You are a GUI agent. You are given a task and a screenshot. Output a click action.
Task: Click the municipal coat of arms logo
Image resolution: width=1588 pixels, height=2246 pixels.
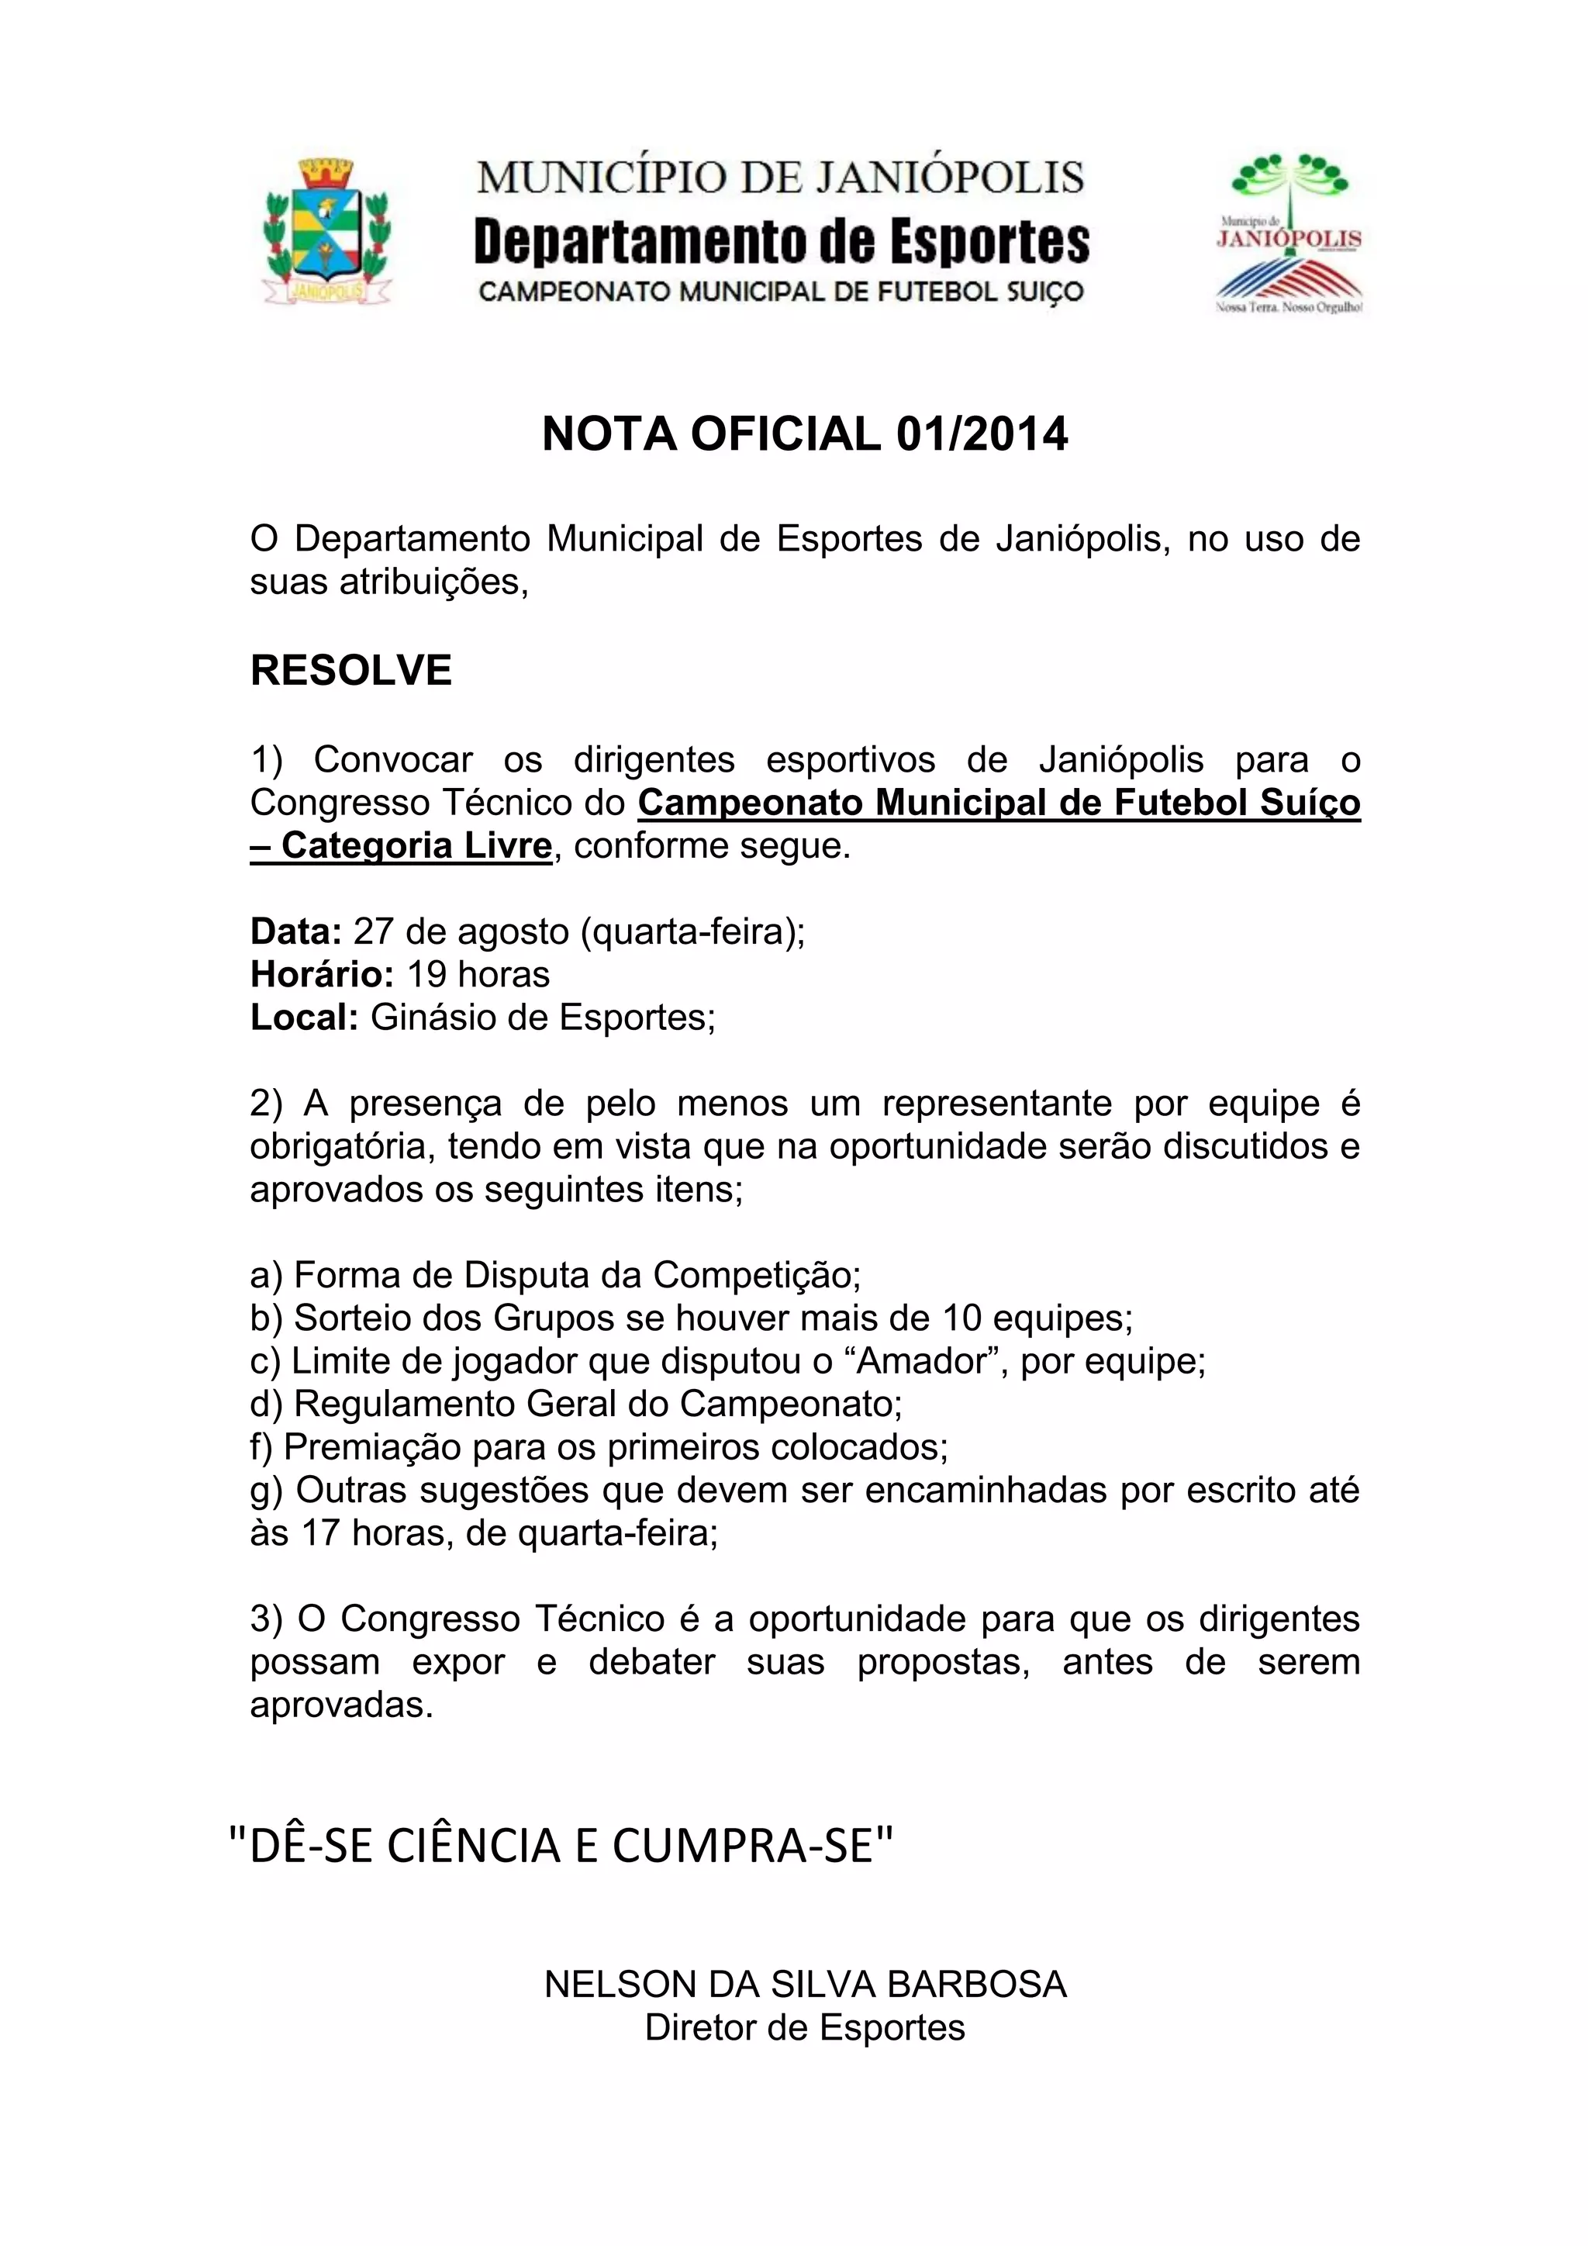[326, 231]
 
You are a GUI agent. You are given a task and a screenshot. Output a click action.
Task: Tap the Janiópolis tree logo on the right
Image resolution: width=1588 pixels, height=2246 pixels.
[1289, 233]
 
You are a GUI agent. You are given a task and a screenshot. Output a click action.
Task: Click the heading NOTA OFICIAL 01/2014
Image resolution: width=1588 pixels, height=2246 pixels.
[805, 434]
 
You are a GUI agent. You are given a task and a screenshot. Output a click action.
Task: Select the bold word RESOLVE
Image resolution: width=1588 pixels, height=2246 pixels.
[351, 671]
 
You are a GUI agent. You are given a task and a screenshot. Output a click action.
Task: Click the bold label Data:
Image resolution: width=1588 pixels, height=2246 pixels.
[295, 931]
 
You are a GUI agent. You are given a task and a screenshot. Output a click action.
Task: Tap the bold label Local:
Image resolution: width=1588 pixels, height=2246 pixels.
[304, 1018]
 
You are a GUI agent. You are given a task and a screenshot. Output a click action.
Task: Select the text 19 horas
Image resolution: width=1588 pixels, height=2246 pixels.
[478, 974]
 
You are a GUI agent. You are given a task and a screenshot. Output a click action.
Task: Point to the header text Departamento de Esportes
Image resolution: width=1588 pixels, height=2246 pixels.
[782, 243]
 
